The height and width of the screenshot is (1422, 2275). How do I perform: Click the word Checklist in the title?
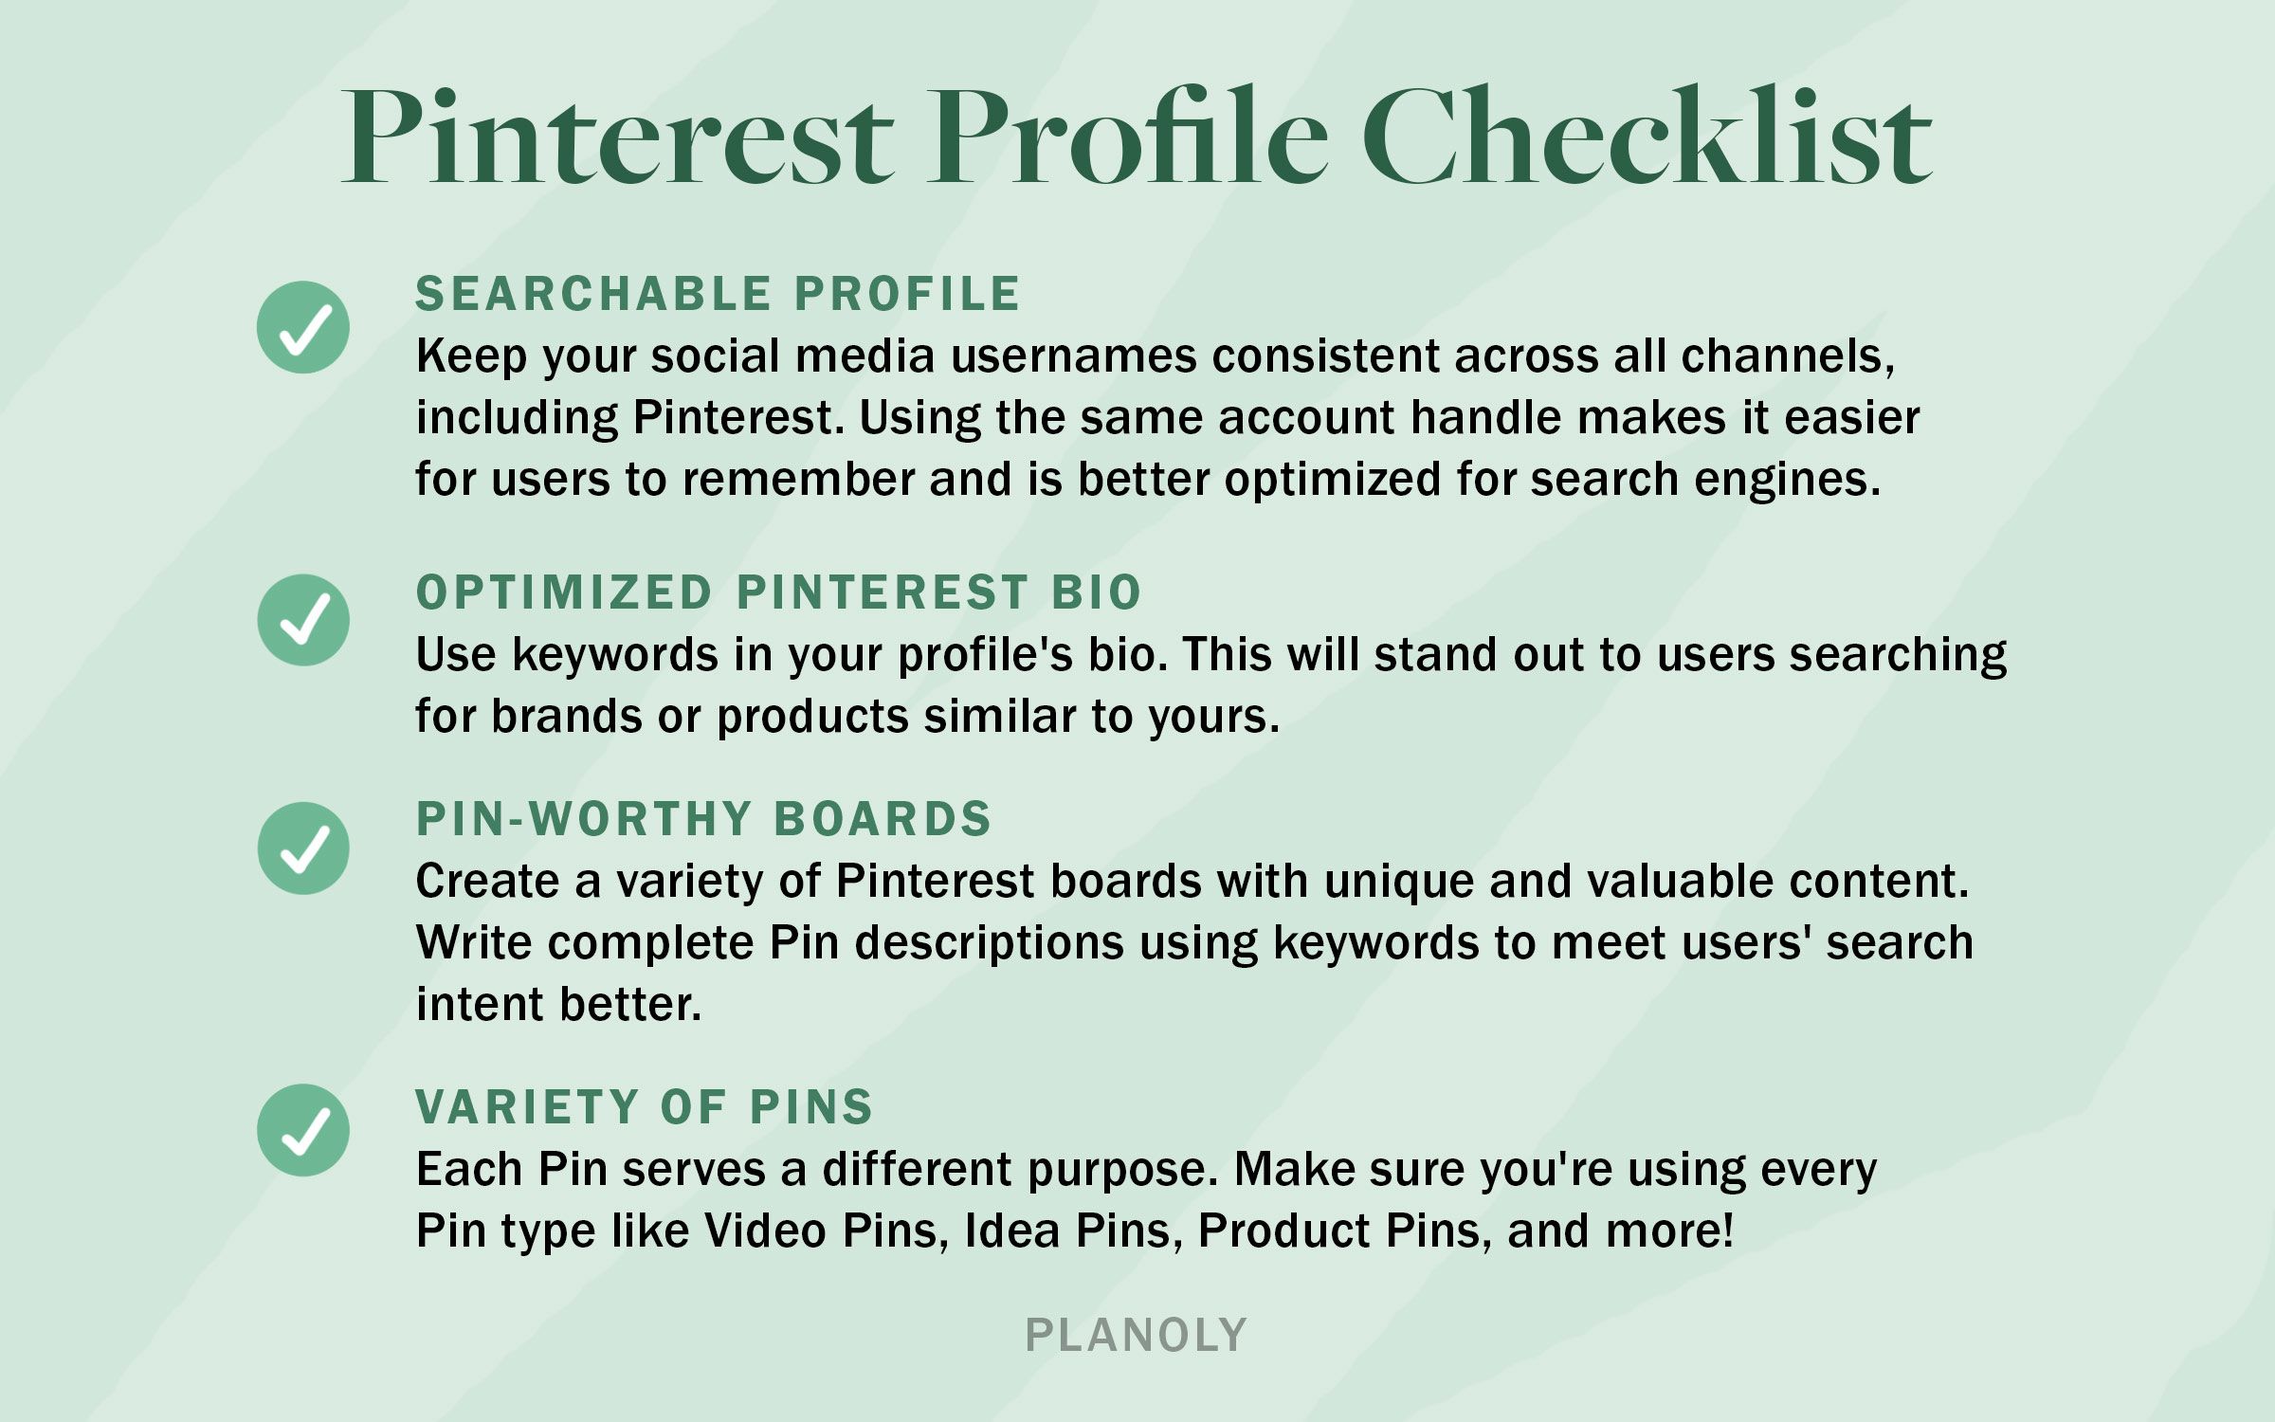tap(1647, 136)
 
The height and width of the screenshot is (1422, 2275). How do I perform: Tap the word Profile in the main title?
tap(1128, 136)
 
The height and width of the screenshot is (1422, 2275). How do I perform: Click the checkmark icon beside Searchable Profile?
tap(303, 327)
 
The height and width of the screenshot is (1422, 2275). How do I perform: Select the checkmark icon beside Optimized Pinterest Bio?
tap(303, 620)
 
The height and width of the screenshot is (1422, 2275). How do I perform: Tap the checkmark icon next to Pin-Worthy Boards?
tap(303, 848)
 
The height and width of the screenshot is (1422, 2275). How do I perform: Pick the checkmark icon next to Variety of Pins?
tap(303, 1130)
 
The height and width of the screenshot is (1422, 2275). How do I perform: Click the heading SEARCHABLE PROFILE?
tap(718, 294)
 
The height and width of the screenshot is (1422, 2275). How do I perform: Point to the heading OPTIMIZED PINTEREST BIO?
tap(778, 592)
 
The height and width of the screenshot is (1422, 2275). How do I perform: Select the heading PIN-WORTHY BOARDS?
tap(703, 819)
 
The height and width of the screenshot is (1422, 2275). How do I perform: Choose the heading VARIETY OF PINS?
tap(645, 1107)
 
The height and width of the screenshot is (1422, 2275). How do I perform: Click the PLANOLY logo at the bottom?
tap(1137, 1336)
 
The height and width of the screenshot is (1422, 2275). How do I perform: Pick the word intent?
tap(481, 1005)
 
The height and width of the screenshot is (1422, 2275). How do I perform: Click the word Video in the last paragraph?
tap(766, 1231)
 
